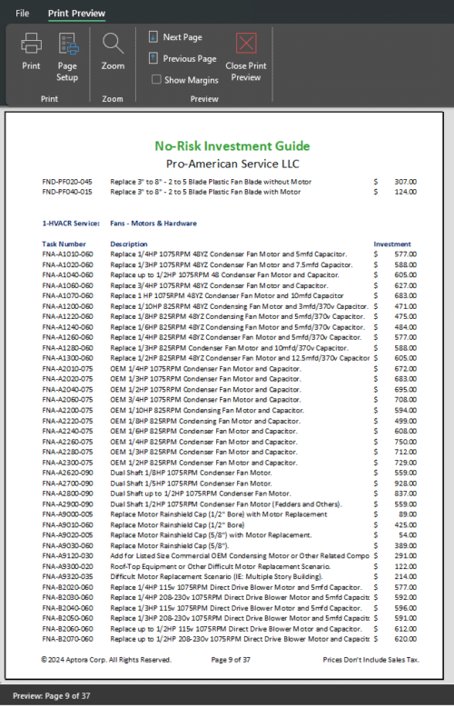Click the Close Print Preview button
246,56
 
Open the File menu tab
22,14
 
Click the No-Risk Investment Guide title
232,145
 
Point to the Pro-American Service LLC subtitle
232,164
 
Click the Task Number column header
64,244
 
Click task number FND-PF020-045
67,181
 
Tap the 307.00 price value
405,181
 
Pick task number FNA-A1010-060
67,254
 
